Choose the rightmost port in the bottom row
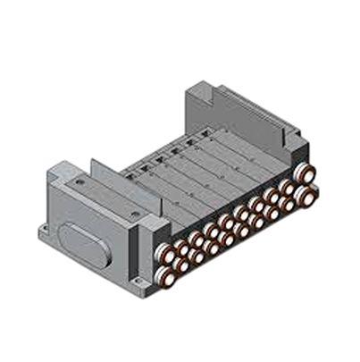point(307,190)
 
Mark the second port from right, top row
point(290,180)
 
